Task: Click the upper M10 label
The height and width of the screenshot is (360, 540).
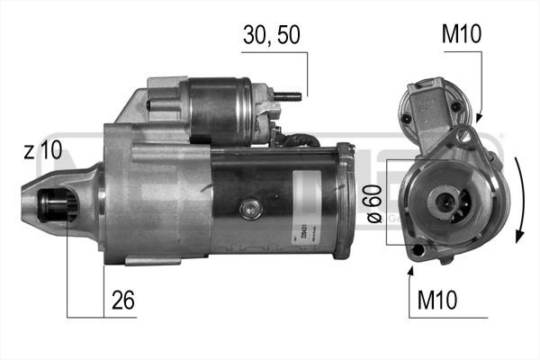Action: click(462, 35)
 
